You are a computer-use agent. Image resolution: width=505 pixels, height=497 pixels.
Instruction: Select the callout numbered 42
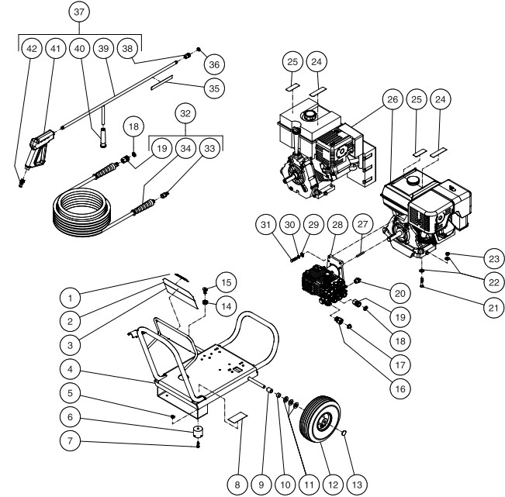[x=31, y=48]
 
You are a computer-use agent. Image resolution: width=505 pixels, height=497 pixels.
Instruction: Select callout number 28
[x=337, y=224]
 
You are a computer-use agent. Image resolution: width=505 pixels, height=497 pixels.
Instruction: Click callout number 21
[x=491, y=306]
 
